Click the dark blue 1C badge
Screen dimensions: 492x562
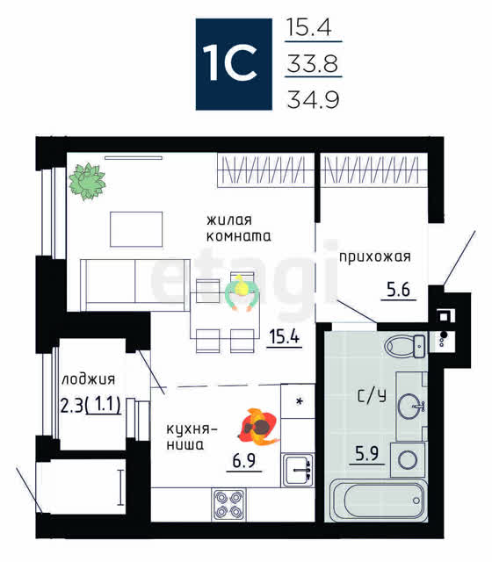click(x=234, y=64)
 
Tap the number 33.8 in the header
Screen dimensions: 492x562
click(x=313, y=63)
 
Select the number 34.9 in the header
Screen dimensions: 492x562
click(x=313, y=99)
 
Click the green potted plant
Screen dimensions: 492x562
click(x=87, y=182)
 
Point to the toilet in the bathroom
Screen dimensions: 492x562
click(x=405, y=346)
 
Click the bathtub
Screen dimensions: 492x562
click(x=379, y=501)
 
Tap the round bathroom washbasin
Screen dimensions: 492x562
click(x=411, y=407)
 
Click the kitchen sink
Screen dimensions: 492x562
click(x=298, y=470)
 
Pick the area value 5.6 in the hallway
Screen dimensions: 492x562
click(x=398, y=289)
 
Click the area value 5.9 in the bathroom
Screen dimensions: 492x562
click(x=367, y=453)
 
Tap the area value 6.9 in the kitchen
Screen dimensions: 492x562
click(x=244, y=460)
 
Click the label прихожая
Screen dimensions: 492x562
click(x=375, y=257)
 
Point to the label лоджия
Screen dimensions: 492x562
click(x=88, y=379)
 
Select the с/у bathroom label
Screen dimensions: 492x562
click(x=372, y=396)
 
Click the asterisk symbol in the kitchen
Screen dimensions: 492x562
click(x=300, y=401)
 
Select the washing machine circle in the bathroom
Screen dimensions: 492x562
click(x=408, y=459)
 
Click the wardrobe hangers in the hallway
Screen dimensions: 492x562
click(x=371, y=170)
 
